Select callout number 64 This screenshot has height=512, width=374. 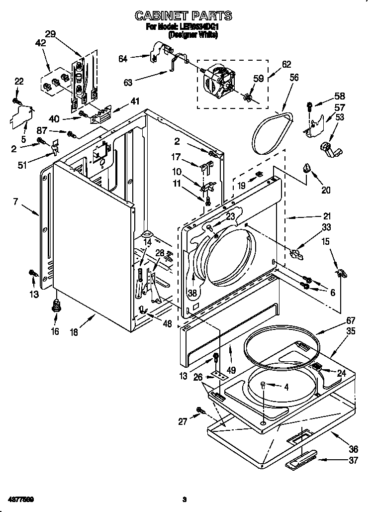tap(123, 58)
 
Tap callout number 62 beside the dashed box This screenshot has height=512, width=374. tap(286, 64)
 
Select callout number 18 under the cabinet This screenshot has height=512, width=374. tap(74, 332)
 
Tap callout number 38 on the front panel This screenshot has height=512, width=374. tap(192, 293)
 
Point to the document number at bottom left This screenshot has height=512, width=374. tap(23, 499)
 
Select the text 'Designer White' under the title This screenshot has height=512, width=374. tap(193, 35)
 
